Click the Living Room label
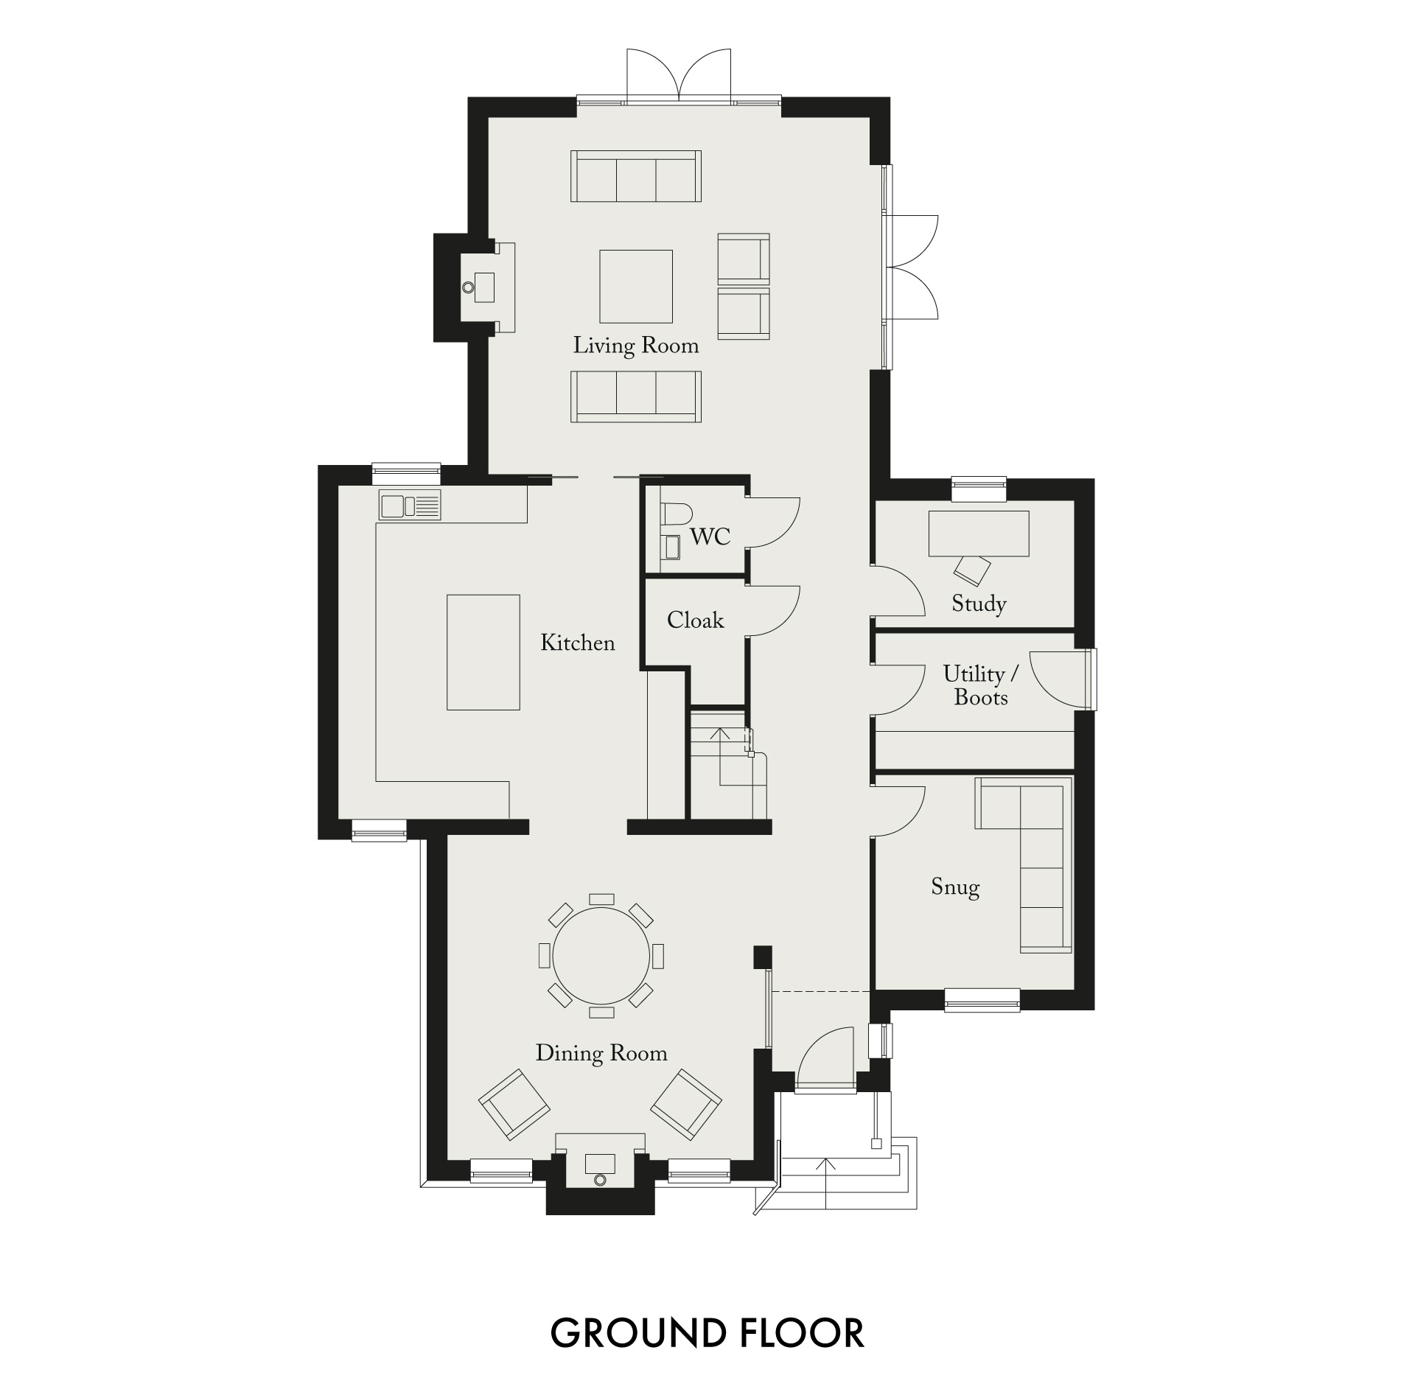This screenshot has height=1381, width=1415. (x=636, y=346)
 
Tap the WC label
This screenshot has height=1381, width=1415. (x=710, y=536)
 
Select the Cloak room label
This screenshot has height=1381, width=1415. (x=695, y=620)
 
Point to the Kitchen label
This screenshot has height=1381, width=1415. (x=578, y=643)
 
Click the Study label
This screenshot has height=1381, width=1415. (x=979, y=604)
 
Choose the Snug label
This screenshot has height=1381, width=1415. (x=955, y=887)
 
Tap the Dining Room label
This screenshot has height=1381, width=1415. (x=601, y=1053)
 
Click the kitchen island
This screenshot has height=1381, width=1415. (x=483, y=652)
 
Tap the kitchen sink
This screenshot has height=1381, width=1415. (x=410, y=506)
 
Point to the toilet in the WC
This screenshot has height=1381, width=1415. (x=676, y=513)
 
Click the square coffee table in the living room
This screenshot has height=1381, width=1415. (x=636, y=286)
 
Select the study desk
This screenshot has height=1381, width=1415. (x=979, y=534)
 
